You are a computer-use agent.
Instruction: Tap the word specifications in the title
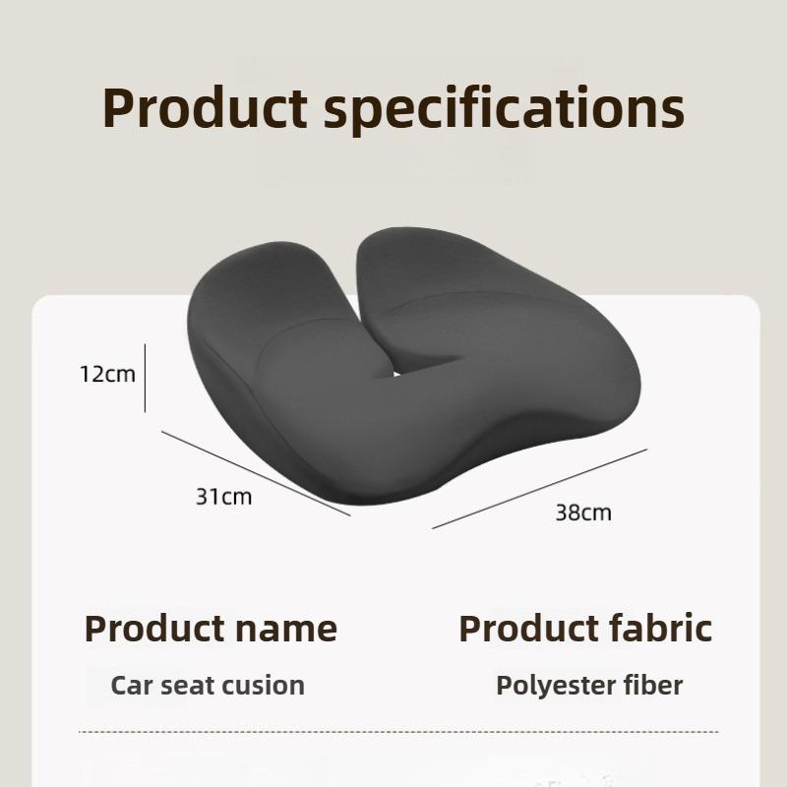[504, 109]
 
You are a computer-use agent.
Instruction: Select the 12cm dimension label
[107, 374]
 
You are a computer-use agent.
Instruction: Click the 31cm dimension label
[223, 497]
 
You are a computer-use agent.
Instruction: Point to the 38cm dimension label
[583, 513]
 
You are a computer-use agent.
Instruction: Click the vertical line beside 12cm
[145, 378]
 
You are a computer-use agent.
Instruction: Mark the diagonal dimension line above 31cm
[256, 473]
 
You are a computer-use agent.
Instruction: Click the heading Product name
[211, 628]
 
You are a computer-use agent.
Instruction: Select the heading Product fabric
[585, 628]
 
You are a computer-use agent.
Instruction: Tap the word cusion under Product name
[267, 686]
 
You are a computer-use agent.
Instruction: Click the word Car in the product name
[133, 686]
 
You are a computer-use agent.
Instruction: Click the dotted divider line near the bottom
[397, 732]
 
